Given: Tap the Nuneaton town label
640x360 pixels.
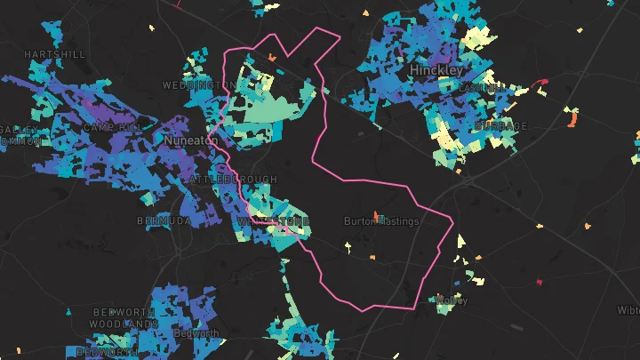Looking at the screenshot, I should [x=191, y=140].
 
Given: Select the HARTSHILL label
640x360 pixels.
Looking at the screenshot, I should [x=55, y=54].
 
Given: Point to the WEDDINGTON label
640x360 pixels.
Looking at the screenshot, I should [x=199, y=85].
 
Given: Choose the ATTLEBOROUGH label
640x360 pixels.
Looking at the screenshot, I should [x=222, y=180].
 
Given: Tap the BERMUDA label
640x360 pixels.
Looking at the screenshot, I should [x=164, y=220].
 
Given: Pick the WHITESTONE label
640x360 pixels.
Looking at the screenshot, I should [x=274, y=220].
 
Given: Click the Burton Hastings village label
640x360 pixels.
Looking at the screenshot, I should [x=381, y=221].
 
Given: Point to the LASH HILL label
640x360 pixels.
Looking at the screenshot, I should [x=480, y=88].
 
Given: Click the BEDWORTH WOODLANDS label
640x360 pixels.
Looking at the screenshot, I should [x=124, y=318].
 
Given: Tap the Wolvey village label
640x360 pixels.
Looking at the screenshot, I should [x=452, y=300].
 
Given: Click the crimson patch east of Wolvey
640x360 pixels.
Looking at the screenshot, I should [x=539, y=284].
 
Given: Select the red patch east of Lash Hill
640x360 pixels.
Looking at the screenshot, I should [x=541, y=84].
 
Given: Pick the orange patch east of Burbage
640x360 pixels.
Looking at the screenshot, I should [x=573, y=116].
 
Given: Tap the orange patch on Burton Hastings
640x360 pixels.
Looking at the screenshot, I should [x=377, y=216].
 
